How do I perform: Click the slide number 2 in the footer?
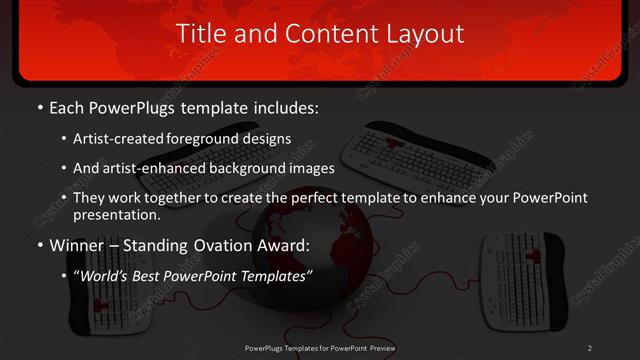[x=590, y=348]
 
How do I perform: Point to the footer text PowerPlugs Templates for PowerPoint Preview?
[x=320, y=348]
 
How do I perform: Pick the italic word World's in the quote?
[x=104, y=275]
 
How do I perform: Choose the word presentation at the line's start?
[x=116, y=214]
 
